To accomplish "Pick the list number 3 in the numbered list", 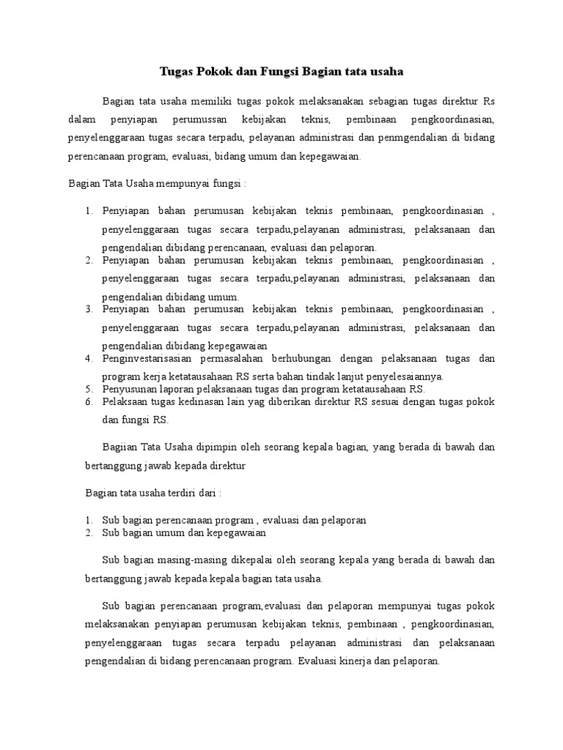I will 89,309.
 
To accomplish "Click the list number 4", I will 89,358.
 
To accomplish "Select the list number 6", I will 89,402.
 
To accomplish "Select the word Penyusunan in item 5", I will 128,389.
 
